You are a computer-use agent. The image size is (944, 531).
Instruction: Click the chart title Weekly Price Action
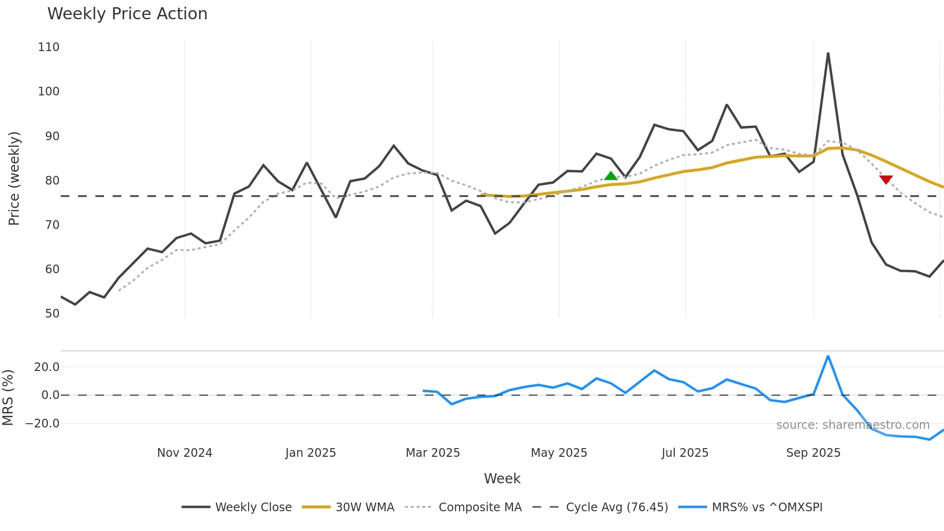[127, 14]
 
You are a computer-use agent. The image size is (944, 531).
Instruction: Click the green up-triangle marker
[611, 176]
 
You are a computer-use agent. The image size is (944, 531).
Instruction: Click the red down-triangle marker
[886, 179]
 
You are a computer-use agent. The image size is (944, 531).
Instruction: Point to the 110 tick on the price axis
[49, 47]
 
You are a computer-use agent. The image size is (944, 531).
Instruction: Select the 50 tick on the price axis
[52, 314]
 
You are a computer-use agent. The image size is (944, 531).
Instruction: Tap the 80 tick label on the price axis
[52, 181]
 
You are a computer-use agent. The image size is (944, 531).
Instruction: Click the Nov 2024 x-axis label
[184, 453]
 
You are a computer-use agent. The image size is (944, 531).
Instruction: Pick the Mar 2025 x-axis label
[433, 453]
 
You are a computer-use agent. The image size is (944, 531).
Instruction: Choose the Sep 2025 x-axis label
[813, 453]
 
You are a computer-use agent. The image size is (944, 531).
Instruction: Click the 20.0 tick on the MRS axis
[47, 367]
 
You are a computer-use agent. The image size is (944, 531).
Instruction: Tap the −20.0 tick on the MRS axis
[42, 424]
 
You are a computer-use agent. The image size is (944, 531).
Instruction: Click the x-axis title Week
[502, 478]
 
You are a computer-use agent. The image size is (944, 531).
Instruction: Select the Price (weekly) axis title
[14, 178]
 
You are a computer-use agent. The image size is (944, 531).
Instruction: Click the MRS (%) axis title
[8, 398]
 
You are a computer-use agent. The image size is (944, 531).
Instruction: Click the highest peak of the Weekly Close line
[828, 53]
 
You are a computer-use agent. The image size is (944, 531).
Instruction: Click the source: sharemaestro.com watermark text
[852, 425]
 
